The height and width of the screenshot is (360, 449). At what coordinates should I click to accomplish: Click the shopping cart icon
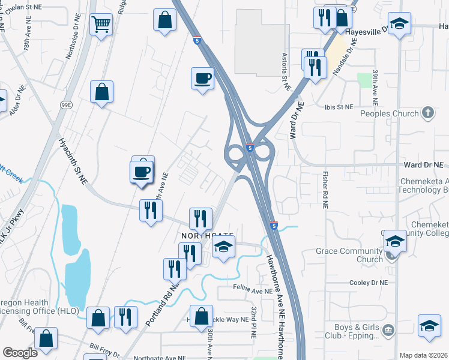tap(101, 25)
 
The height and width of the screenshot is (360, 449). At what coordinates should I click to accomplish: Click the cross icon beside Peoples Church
tap(427, 112)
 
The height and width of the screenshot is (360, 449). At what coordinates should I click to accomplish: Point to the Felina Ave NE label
tap(253, 291)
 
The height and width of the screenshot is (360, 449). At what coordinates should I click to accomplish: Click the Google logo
tap(20, 353)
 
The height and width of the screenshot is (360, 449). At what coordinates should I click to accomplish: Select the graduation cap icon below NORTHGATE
tap(223, 248)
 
